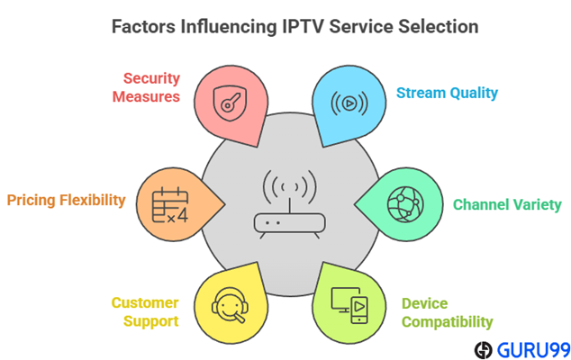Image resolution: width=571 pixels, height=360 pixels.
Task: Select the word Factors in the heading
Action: click(x=145, y=26)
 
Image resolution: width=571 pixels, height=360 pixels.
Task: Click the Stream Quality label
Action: click(x=447, y=93)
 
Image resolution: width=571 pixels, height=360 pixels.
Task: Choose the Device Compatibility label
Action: click(x=447, y=312)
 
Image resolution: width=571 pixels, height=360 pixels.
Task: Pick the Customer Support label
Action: click(x=145, y=311)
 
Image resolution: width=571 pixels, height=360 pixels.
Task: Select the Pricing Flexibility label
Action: click(x=66, y=200)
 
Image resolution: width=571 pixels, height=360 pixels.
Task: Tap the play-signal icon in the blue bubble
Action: click(x=347, y=101)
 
